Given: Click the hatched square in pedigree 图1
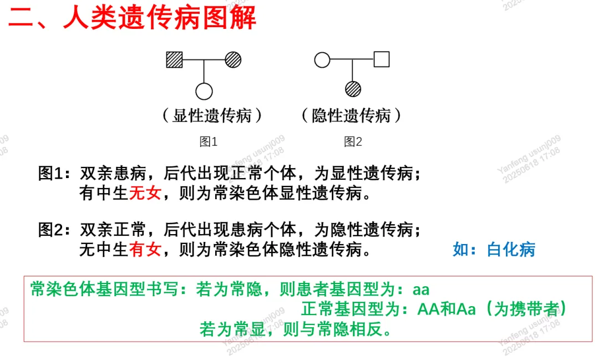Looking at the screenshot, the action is click(x=175, y=59).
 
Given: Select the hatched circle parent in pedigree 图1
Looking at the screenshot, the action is click(x=233, y=59).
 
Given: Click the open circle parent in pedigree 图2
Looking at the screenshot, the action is click(x=322, y=59).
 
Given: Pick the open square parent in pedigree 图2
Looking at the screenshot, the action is click(x=382, y=59).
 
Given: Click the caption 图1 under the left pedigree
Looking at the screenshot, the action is click(x=209, y=142).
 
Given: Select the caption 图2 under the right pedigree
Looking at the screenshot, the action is click(x=353, y=142).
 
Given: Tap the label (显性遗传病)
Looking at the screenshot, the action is click(x=212, y=116).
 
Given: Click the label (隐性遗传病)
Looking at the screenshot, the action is click(x=352, y=116).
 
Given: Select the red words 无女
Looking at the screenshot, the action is click(x=145, y=193).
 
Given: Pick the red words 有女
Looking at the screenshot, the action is click(x=145, y=250).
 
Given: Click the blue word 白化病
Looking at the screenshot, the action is click(x=511, y=250).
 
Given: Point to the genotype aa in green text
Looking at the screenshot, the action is click(x=422, y=290).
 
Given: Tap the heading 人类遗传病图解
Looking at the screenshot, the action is click(x=160, y=18).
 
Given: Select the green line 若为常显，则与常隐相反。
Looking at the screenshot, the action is click(x=296, y=329).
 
